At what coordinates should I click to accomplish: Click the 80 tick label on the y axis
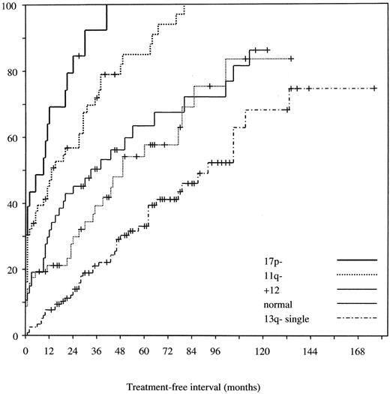click(x=13, y=72)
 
